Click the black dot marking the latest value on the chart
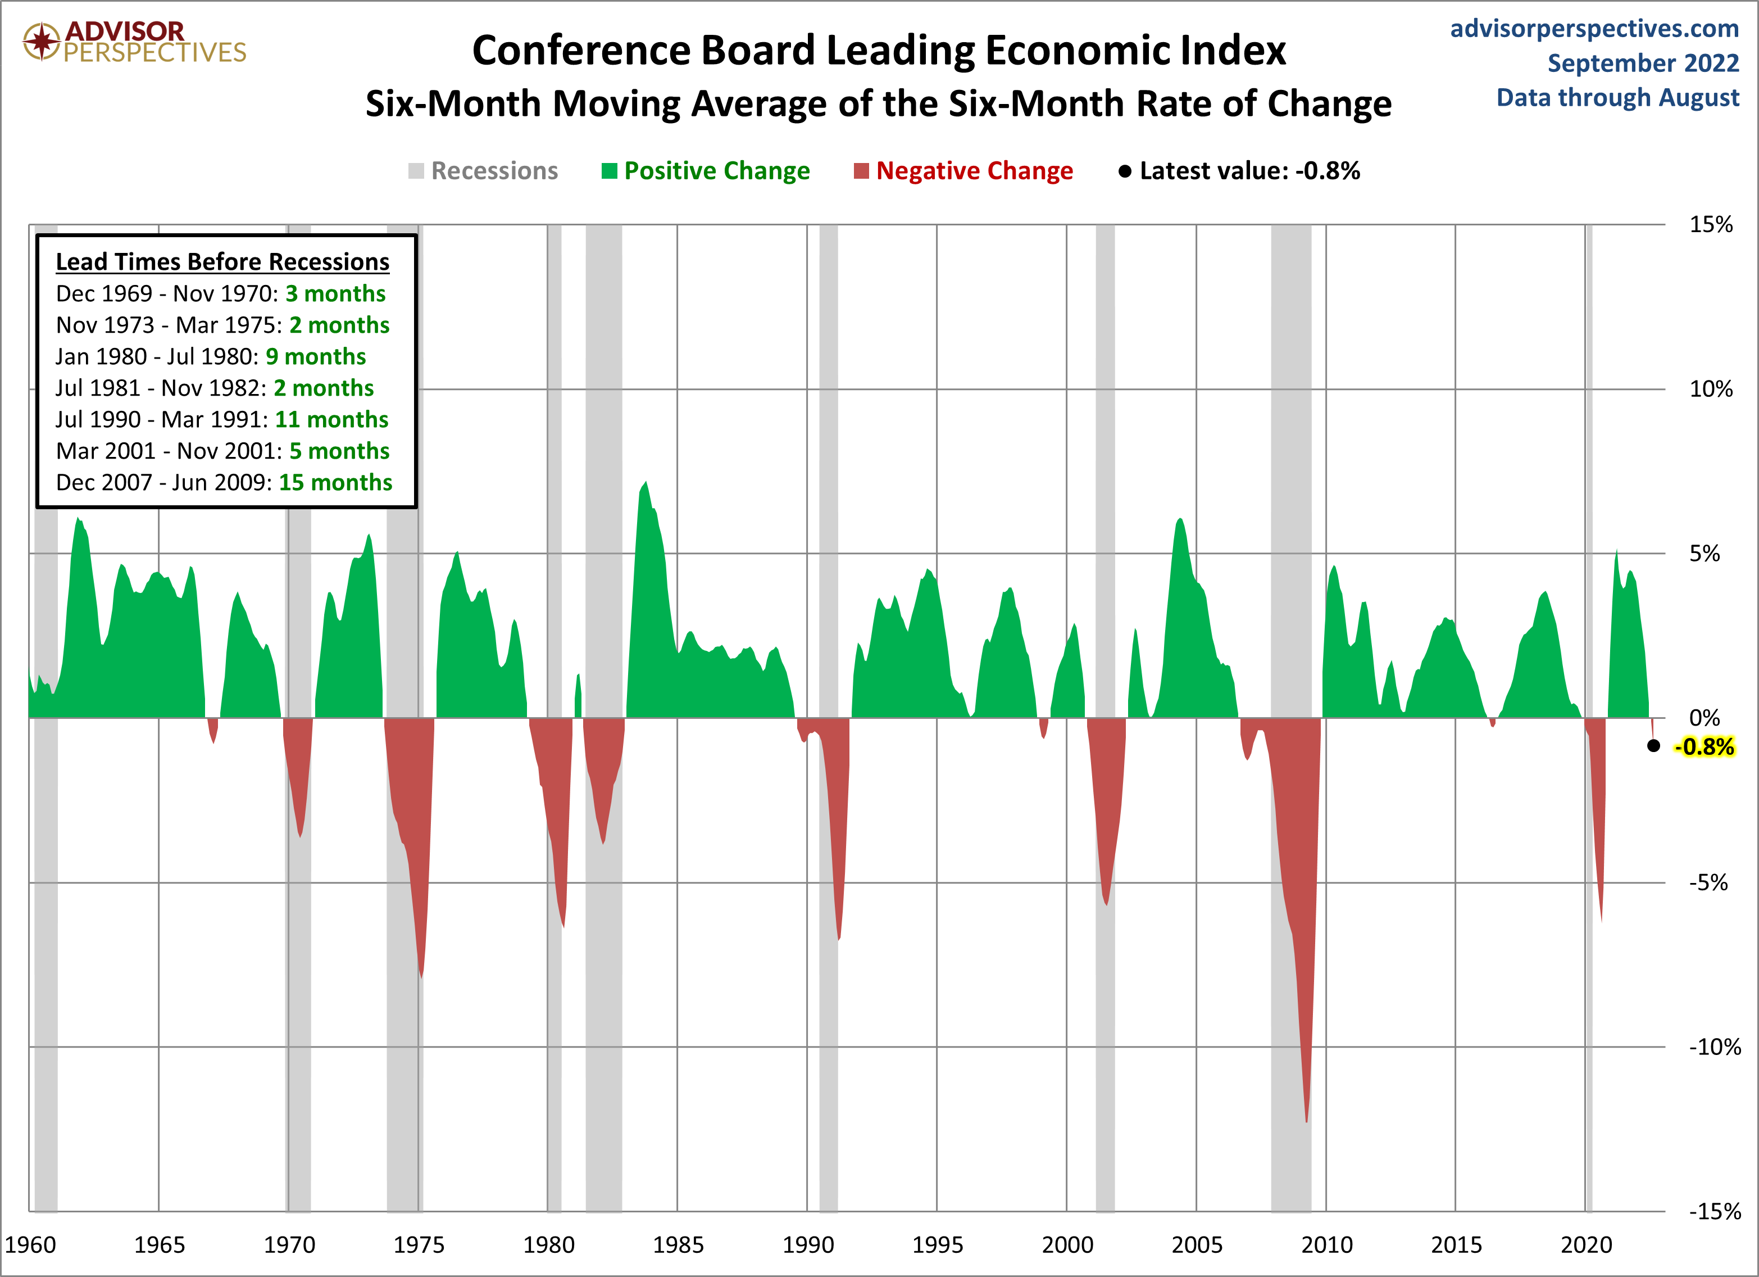[x=1653, y=745]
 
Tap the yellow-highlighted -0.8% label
[x=1704, y=746]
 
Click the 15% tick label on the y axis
[x=1710, y=224]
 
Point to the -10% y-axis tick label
[x=1714, y=1047]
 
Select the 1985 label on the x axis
[x=678, y=1244]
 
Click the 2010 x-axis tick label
[x=1326, y=1244]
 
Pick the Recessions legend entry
[x=483, y=171]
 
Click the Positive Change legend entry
[x=706, y=171]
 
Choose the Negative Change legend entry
[x=963, y=171]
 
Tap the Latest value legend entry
[x=1239, y=171]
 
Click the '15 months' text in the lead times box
[x=335, y=483]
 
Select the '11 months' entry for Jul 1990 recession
[x=331, y=420]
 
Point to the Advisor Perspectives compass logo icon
[x=41, y=41]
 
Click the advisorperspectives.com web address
[x=1594, y=29]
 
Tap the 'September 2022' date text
[x=1643, y=63]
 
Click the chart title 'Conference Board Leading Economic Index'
[x=879, y=51]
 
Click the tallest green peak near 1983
[x=646, y=484]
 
